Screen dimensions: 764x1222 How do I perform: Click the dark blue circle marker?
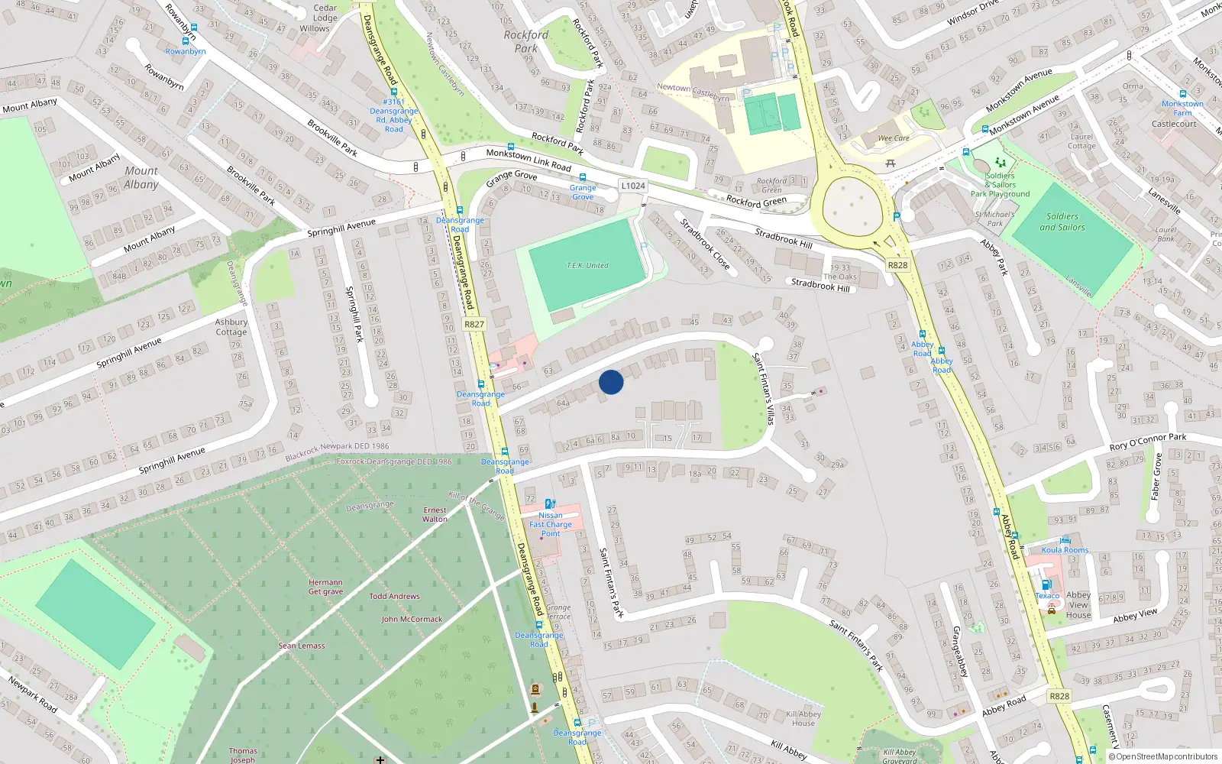tap(611, 381)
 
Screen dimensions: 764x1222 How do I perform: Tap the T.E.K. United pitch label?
tap(587, 266)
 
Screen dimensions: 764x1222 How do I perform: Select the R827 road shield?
tap(474, 324)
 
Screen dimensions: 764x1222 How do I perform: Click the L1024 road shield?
tap(633, 186)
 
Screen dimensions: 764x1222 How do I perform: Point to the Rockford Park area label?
tap(525, 41)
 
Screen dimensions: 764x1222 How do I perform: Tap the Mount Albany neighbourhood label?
tap(141, 177)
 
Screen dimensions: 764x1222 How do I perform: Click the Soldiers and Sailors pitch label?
tap(1062, 222)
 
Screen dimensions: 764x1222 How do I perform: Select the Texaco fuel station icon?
tap(1046, 584)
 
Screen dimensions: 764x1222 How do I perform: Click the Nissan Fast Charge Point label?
tap(551, 524)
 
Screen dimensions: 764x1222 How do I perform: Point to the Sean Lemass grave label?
tap(302, 646)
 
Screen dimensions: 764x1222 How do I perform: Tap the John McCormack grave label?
tap(412, 619)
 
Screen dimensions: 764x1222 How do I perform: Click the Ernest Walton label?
tap(435, 514)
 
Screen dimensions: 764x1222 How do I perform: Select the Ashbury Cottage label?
tap(231, 327)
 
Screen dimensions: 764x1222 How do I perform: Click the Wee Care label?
tap(894, 138)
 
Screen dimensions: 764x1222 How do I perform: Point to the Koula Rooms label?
tap(1065, 550)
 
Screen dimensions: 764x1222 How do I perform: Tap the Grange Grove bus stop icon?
tap(583, 177)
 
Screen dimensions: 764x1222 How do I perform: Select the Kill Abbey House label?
tap(803, 718)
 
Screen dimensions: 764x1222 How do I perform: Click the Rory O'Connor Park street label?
tap(1147, 442)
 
